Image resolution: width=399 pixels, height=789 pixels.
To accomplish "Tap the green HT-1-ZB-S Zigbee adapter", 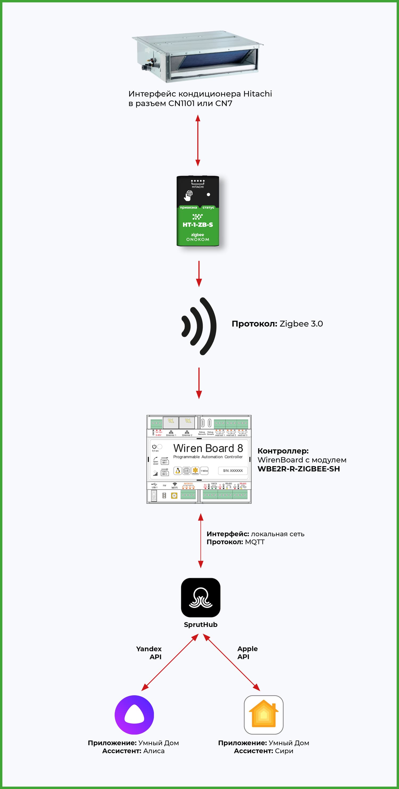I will (x=198, y=211).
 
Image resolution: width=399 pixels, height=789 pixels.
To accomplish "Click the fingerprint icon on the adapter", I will (x=188, y=195).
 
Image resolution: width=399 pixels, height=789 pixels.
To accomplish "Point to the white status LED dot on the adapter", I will (x=209, y=195).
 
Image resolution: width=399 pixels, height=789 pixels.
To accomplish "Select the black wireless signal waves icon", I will (x=199, y=326).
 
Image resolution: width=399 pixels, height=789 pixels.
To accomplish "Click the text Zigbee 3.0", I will (x=301, y=324).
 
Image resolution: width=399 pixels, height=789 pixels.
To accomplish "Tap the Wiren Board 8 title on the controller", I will (x=208, y=448).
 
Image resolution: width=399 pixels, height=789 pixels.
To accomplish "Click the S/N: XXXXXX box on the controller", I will (x=233, y=470).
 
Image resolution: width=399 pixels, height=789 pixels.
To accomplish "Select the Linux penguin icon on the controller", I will (x=178, y=471).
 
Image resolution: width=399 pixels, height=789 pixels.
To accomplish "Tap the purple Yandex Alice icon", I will (x=134, y=714).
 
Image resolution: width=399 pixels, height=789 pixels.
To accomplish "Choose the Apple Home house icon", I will (x=263, y=714).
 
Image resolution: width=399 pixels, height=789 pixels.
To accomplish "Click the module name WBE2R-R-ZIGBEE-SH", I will (x=298, y=469).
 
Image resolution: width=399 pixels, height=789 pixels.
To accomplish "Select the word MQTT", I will (x=255, y=542).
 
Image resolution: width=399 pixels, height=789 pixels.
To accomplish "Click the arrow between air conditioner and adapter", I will (x=198, y=140).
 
